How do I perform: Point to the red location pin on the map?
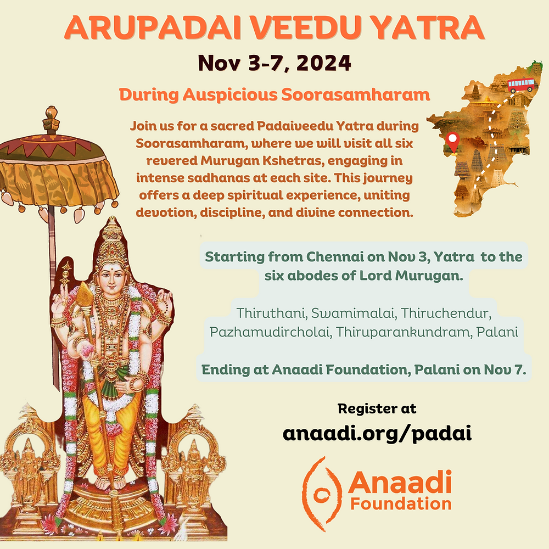pos(453,141)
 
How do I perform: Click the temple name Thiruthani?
pos(269,313)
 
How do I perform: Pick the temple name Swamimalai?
pos(351,313)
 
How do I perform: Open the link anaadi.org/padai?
pos(377,433)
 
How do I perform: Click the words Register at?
pos(377,408)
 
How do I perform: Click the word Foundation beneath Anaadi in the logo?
pos(401,503)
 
